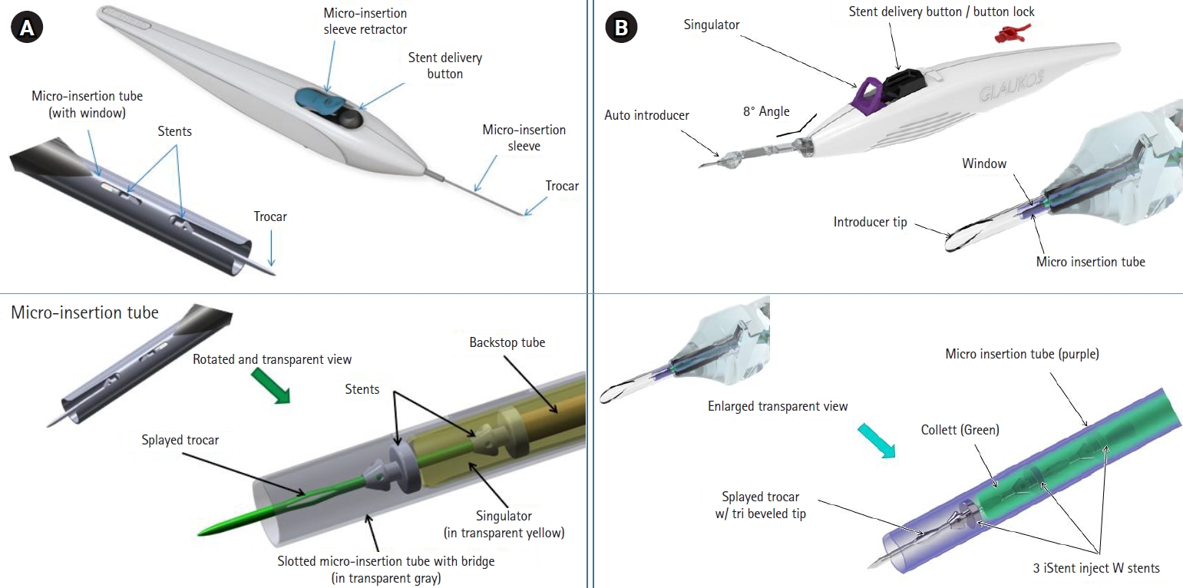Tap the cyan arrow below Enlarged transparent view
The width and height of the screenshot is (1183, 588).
[878, 443]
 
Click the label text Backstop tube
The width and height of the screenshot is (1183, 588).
[507, 342]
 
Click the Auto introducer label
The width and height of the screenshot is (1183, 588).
[646, 116]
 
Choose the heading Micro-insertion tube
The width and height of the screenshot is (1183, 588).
[84, 312]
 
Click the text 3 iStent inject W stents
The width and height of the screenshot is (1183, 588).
[1095, 568]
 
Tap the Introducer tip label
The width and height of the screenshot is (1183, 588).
[870, 223]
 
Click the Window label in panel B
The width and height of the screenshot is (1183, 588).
[984, 164]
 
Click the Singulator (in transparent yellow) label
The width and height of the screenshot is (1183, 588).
[504, 524]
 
